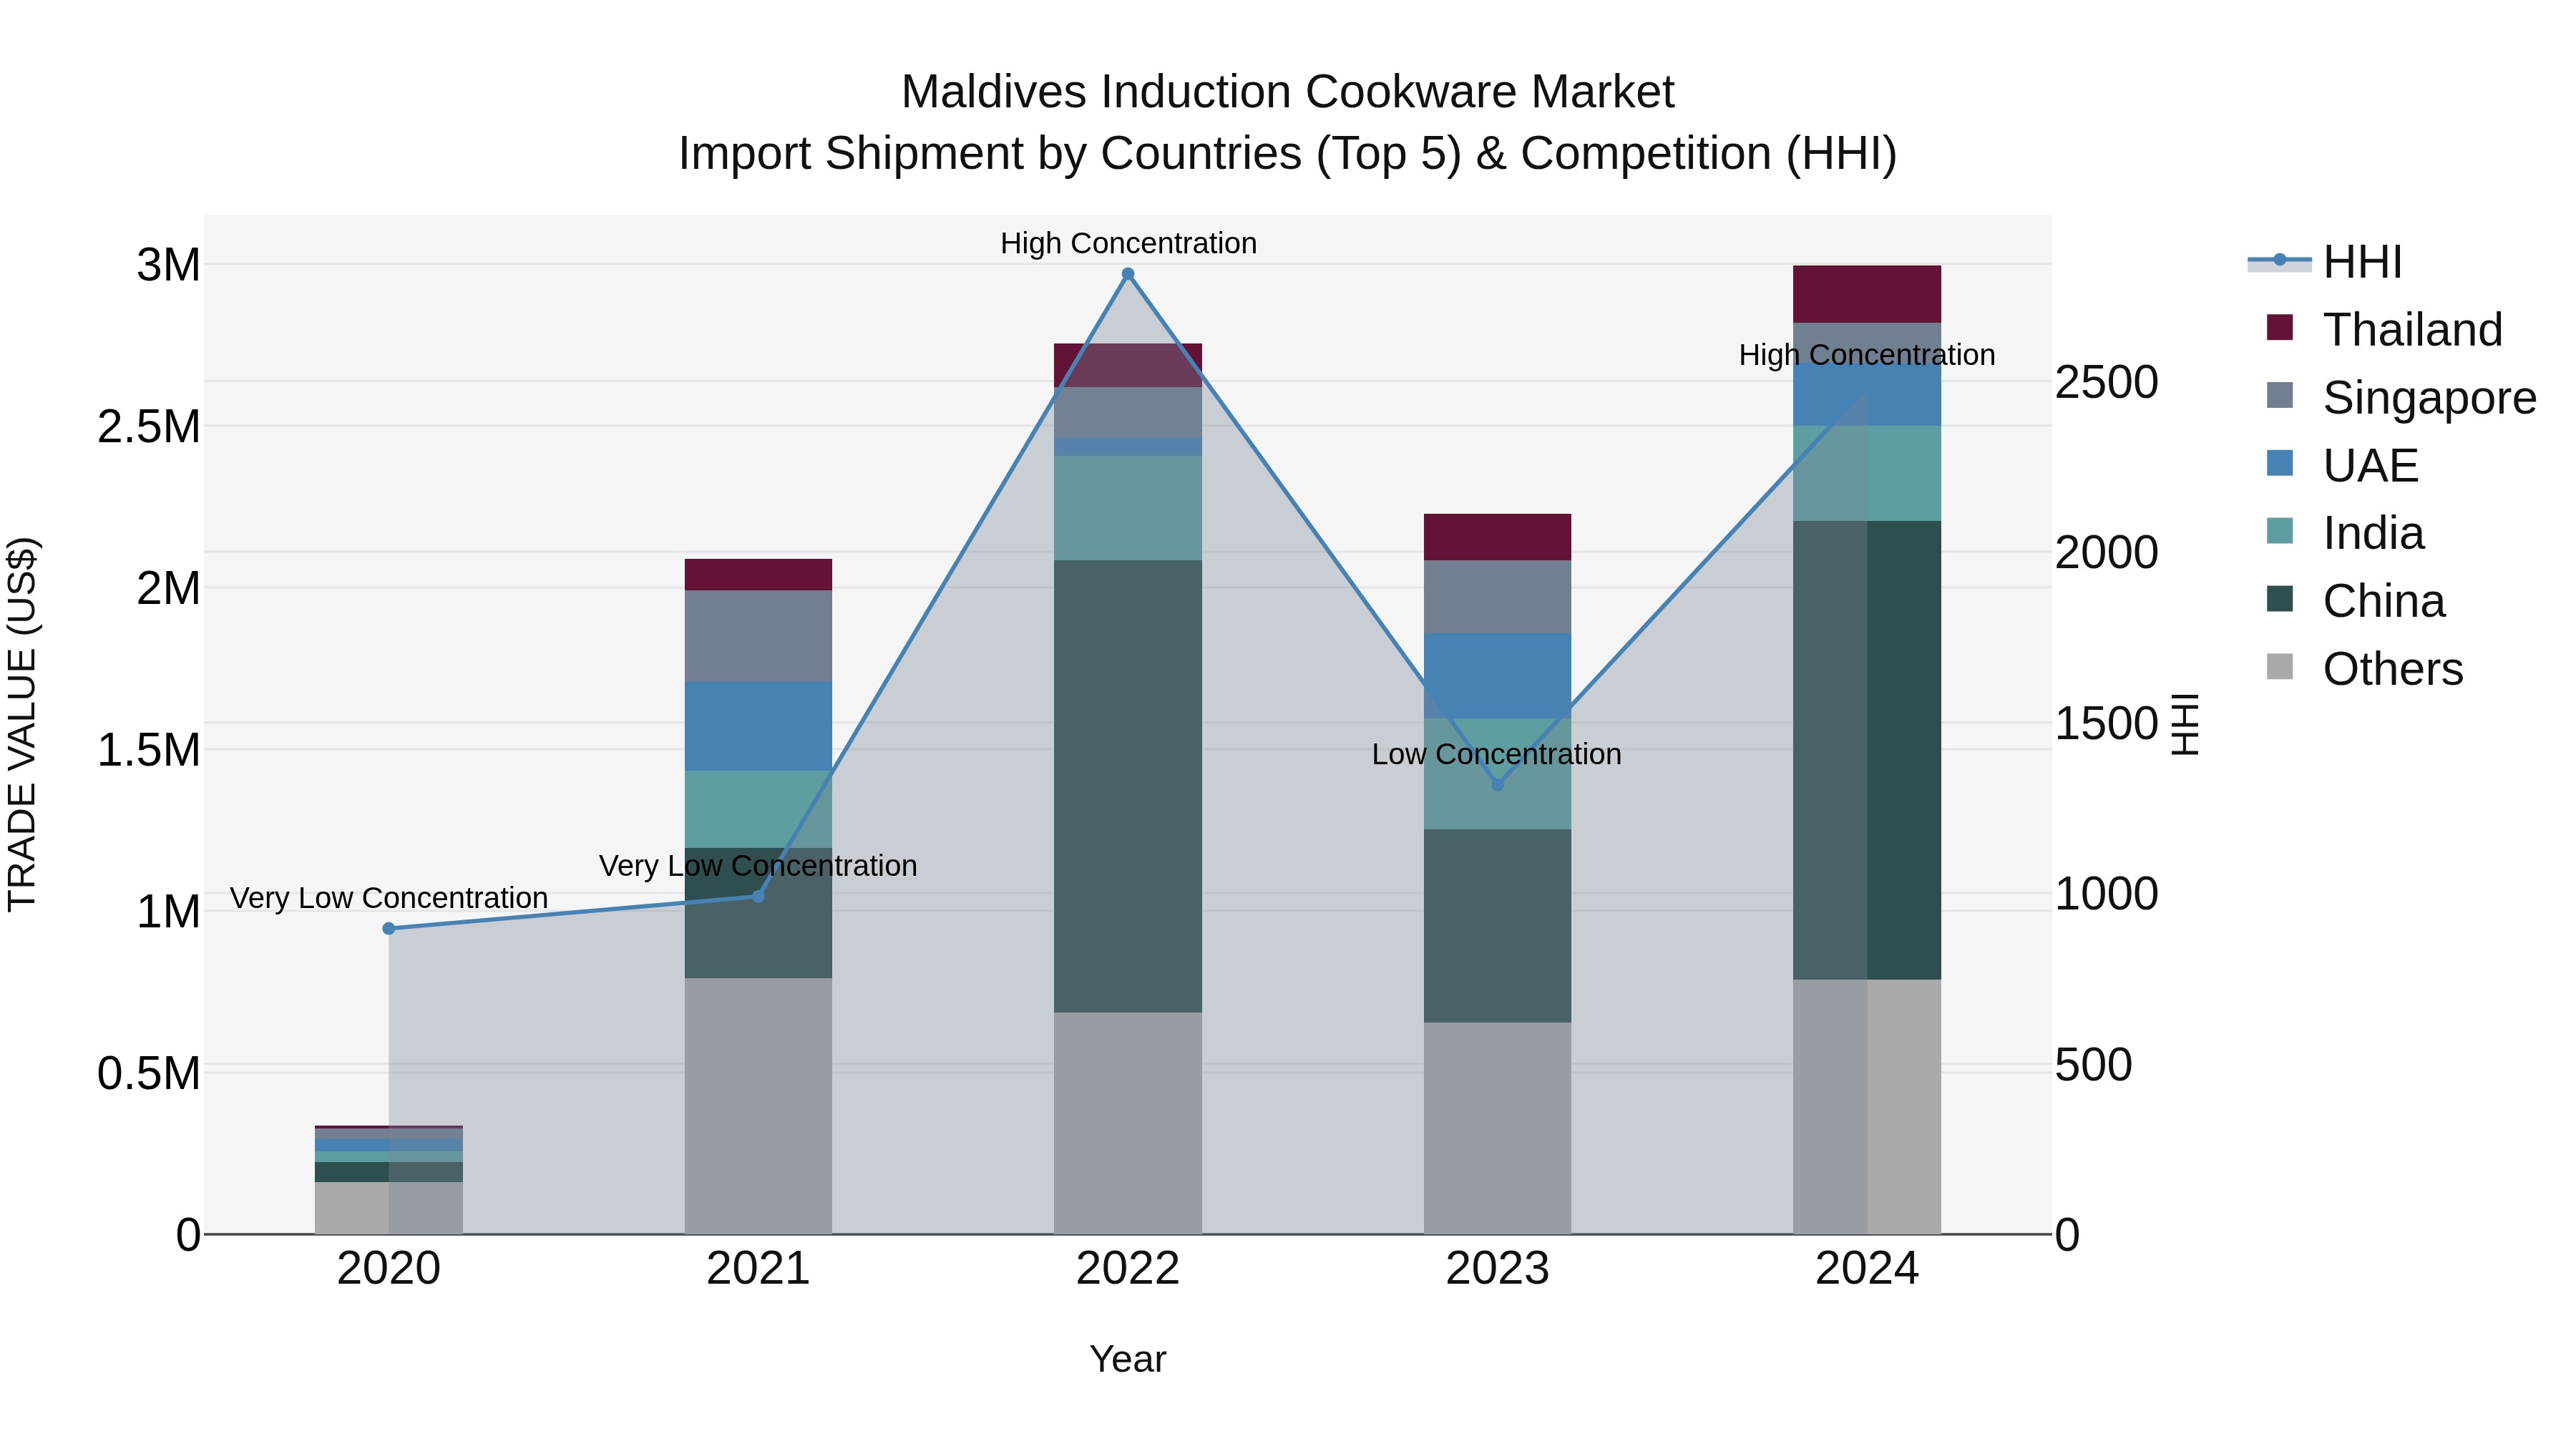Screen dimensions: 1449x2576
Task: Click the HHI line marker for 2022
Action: [1128, 274]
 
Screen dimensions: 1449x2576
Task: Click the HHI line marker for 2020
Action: [389, 928]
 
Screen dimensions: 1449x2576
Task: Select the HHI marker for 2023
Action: [1497, 785]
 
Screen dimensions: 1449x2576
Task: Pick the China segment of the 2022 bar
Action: [1128, 785]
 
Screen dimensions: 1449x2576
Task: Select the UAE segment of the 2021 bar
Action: [758, 726]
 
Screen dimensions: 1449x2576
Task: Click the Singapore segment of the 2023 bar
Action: [1497, 596]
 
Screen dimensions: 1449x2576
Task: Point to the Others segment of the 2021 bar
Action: [758, 1105]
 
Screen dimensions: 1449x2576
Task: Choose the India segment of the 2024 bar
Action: [1866, 473]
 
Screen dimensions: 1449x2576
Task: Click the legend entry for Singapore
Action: [2428, 398]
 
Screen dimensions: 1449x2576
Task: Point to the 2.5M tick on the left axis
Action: [149, 427]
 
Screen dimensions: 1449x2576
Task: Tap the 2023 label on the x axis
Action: [1497, 1269]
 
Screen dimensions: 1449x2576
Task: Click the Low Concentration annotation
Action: [1496, 754]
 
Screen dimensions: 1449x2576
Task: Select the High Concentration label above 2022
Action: [1128, 243]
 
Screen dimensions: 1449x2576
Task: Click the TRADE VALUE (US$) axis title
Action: [22, 724]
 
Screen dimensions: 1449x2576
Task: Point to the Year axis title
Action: [1127, 1359]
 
